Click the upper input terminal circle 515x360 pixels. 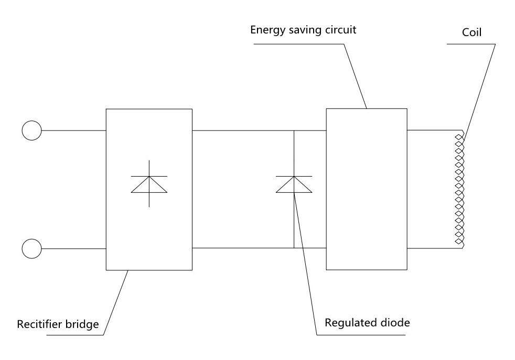[x=31, y=130]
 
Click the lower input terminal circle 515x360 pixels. [x=31, y=248]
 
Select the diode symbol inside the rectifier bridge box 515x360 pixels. [x=149, y=184]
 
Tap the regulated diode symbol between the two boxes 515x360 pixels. [x=294, y=184]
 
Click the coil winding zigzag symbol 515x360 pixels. [x=459, y=189]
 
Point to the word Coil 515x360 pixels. [x=471, y=32]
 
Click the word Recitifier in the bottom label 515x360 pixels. [x=39, y=324]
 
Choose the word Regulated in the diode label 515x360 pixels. [x=349, y=322]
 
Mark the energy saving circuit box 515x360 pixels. [x=366, y=189]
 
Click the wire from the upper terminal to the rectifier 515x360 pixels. [x=73, y=130]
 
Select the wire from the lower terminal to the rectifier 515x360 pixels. [x=73, y=248]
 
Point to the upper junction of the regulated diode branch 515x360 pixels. [x=294, y=130]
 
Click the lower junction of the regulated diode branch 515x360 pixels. [x=294, y=248]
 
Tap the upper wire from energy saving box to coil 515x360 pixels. [x=433, y=130]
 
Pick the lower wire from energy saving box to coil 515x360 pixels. [x=433, y=248]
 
